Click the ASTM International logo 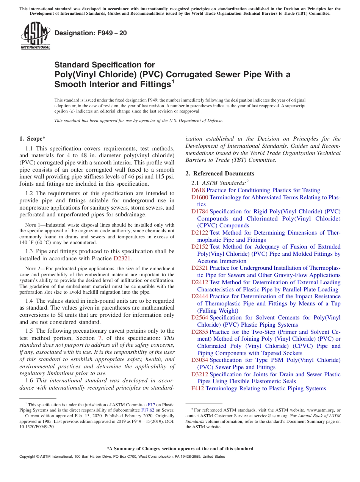coord(35,36)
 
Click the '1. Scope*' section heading coord(33,139)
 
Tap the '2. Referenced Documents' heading coord(220,174)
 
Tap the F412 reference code coord(198,388)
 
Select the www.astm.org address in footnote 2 coord(321,410)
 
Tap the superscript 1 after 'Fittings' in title coord(172,81)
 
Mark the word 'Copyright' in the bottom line coord(28,457)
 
